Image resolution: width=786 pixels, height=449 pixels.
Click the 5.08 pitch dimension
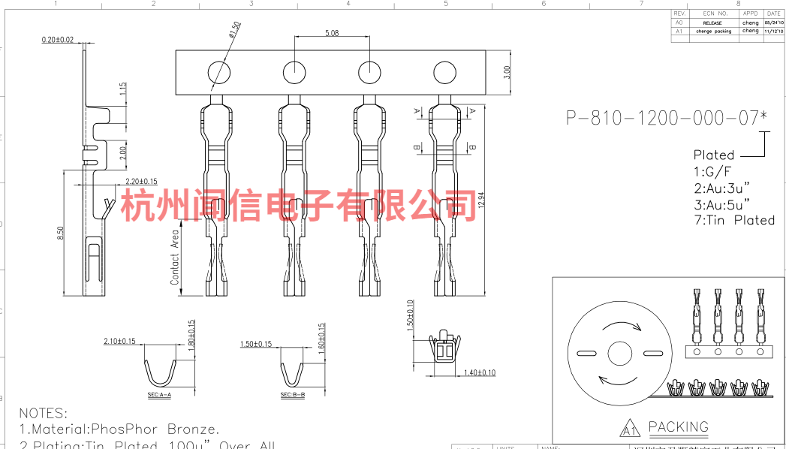tap(332, 33)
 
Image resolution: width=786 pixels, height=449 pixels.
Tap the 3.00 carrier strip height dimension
tap(507, 72)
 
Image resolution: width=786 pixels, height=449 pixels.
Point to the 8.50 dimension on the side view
tap(60, 234)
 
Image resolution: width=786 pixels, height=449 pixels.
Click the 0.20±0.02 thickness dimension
tap(58, 39)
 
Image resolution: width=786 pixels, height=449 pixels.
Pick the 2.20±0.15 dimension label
tap(140, 181)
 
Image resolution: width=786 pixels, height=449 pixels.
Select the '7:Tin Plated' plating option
tap(733, 220)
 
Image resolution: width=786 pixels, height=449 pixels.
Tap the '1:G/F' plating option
tap(712, 171)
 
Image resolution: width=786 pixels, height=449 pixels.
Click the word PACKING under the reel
tap(678, 427)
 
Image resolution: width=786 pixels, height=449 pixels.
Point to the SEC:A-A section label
tap(158, 394)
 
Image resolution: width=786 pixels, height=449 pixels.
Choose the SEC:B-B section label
tap(292, 394)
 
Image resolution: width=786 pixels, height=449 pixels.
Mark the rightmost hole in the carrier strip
tap(444, 73)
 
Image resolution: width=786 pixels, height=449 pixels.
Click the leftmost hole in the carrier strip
tap(219, 73)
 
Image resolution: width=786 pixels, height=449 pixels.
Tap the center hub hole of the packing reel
tap(620, 353)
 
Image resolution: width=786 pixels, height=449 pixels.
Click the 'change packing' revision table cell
tap(712, 32)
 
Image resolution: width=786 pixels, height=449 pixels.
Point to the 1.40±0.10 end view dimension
tap(479, 372)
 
